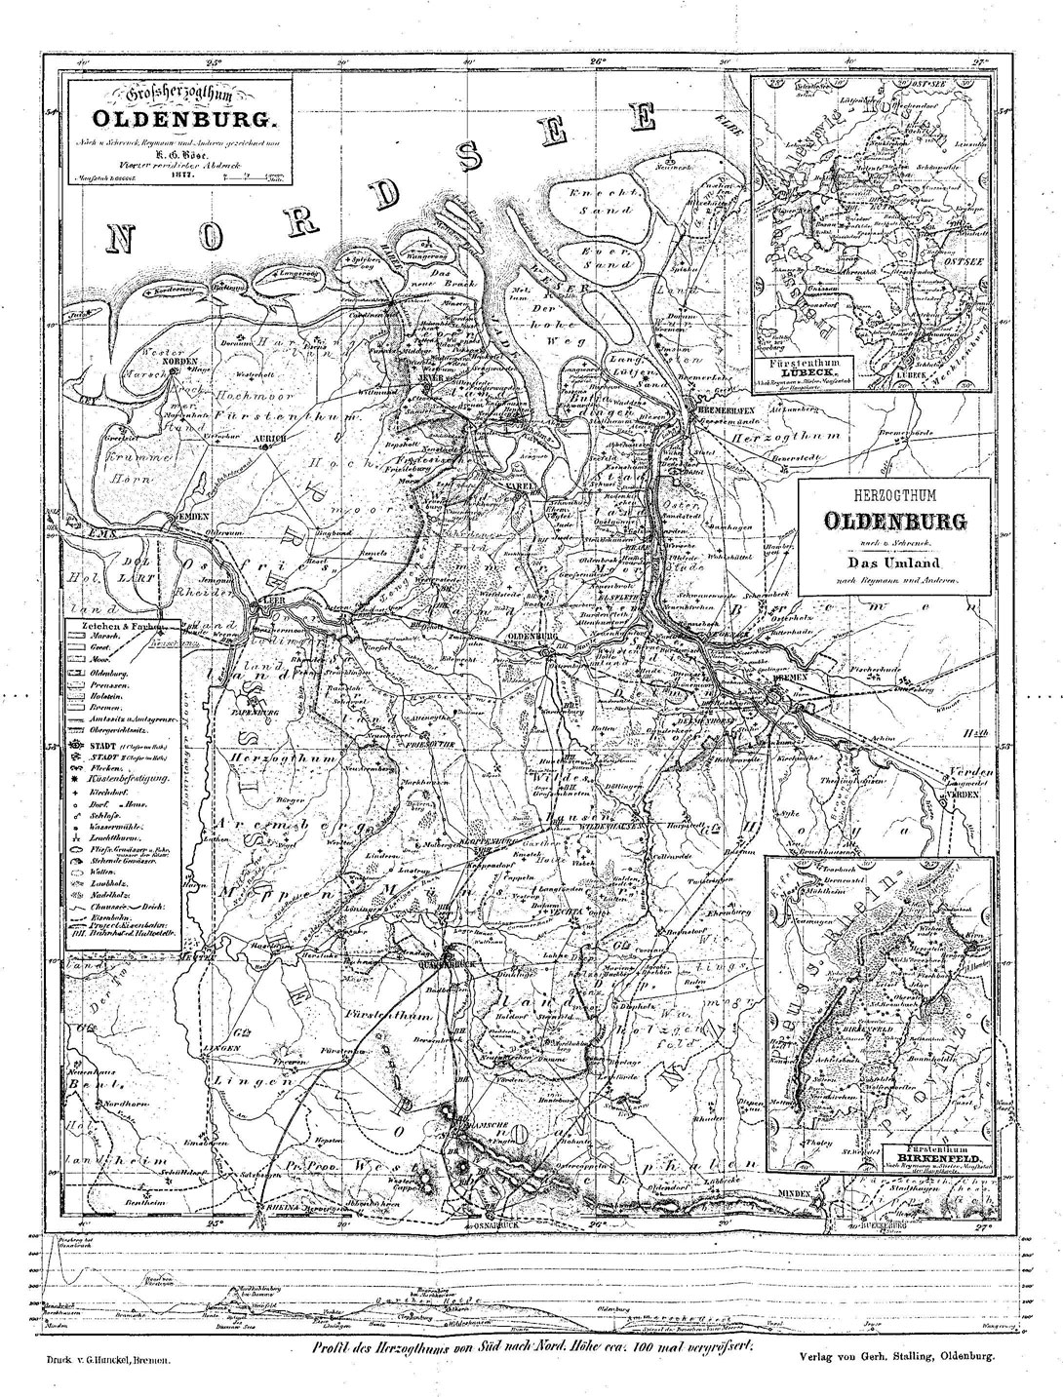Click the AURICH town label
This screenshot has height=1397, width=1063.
point(267,441)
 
